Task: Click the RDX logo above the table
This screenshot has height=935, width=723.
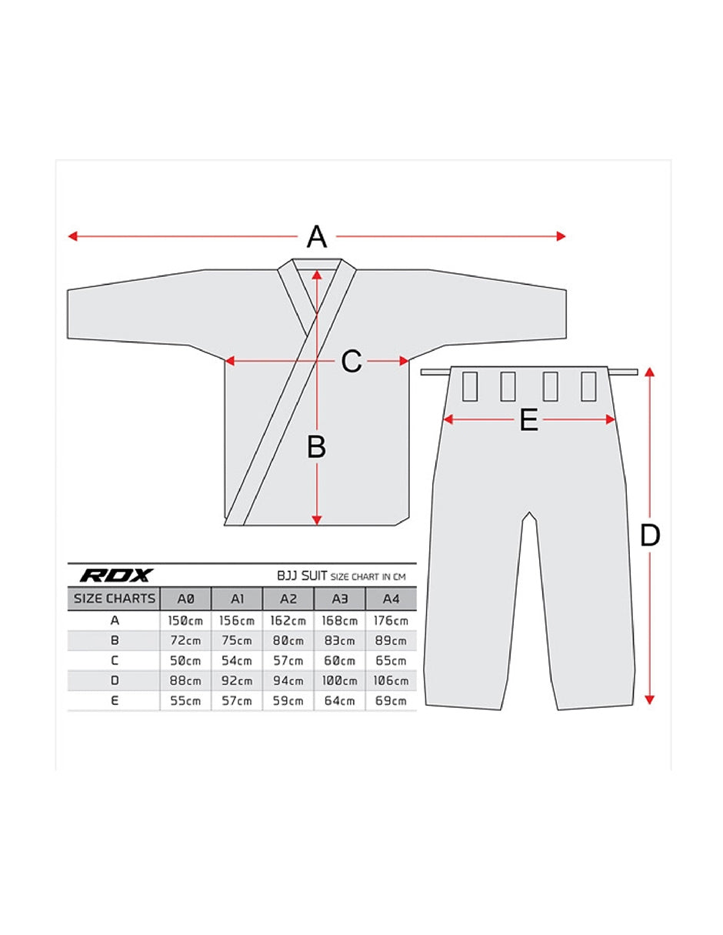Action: click(x=116, y=575)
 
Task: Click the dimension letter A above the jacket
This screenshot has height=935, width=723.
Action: click(x=316, y=236)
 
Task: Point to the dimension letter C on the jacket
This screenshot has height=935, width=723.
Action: click(x=352, y=361)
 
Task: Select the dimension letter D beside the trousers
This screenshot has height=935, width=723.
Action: click(x=649, y=536)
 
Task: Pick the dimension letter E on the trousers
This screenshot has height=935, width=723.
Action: click(x=528, y=419)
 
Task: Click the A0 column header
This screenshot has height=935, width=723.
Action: click(x=185, y=599)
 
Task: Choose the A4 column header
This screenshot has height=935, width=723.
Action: click(x=391, y=599)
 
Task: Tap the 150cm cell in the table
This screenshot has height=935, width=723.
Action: click(x=185, y=620)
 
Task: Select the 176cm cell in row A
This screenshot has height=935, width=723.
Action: click(x=391, y=620)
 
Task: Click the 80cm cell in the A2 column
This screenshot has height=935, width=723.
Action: click(x=288, y=641)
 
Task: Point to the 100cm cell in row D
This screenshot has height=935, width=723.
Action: click(x=339, y=681)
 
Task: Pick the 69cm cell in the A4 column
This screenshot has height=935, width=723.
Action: click(x=391, y=701)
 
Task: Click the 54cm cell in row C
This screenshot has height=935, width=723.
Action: click(x=237, y=660)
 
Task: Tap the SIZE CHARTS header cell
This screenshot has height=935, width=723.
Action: click(x=114, y=599)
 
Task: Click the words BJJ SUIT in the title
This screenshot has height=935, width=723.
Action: click(x=302, y=576)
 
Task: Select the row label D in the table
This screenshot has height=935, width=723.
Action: click(x=115, y=681)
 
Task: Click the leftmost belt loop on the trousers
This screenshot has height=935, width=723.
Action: click(x=470, y=386)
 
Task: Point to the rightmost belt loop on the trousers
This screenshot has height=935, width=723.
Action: click(x=588, y=386)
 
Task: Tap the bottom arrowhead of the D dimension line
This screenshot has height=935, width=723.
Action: click(x=649, y=700)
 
